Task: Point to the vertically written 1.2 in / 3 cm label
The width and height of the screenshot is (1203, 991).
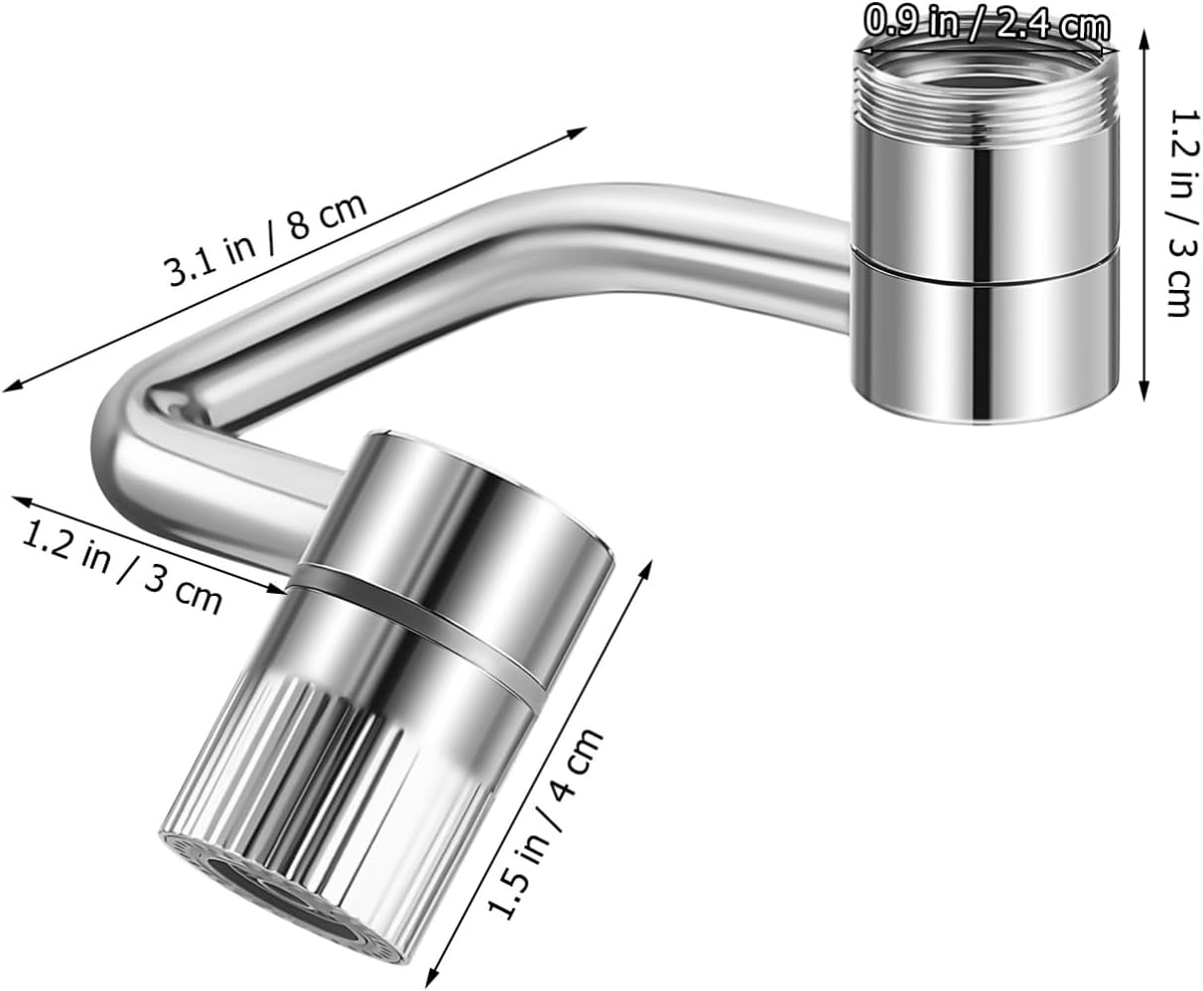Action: (x=1177, y=212)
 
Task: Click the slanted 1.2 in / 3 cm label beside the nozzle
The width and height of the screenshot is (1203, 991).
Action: (x=121, y=566)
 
